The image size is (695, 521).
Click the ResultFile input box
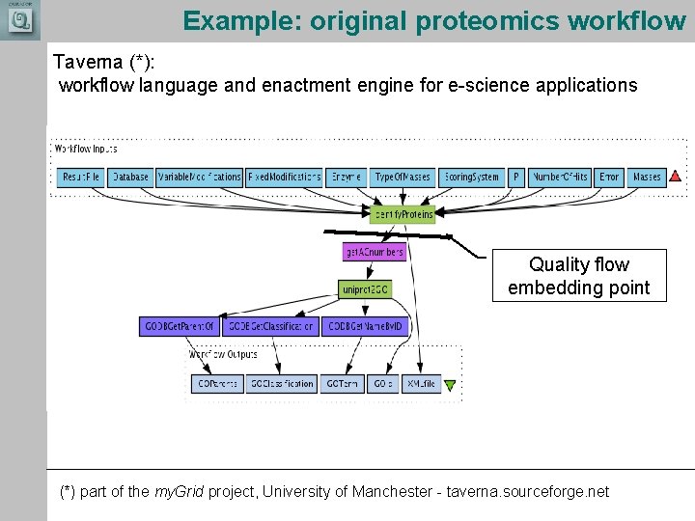(81, 178)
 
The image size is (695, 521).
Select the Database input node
(130, 178)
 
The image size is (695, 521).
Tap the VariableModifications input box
(199, 178)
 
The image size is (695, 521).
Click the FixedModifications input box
(284, 178)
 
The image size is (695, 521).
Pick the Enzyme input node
(346, 178)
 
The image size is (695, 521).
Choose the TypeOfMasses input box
(402, 178)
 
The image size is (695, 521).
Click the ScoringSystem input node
(471, 178)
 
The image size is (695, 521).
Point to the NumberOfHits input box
(560, 178)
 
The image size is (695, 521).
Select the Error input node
(609, 178)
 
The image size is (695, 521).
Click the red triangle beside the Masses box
(675, 177)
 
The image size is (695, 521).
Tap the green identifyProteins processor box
(403, 214)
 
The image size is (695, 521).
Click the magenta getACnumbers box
(374, 252)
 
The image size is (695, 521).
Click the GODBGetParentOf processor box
(180, 327)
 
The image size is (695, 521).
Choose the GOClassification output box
(281, 384)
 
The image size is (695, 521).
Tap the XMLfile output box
(421, 384)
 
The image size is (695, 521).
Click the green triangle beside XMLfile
(449, 385)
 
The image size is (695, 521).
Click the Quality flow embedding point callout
(579, 276)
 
